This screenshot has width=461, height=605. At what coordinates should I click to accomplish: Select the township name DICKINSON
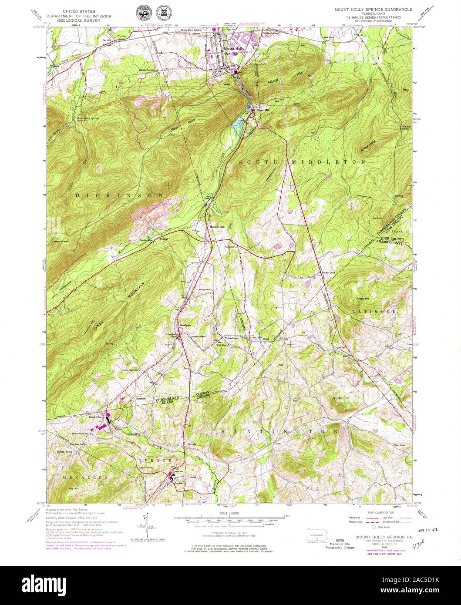click(x=119, y=195)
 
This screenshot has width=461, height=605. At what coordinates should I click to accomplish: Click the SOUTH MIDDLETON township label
click(x=302, y=162)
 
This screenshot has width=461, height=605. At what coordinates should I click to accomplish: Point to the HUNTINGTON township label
click(x=279, y=431)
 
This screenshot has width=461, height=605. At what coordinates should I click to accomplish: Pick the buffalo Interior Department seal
click(x=142, y=11)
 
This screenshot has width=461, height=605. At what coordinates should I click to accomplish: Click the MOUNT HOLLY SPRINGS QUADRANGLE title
click(x=370, y=9)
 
